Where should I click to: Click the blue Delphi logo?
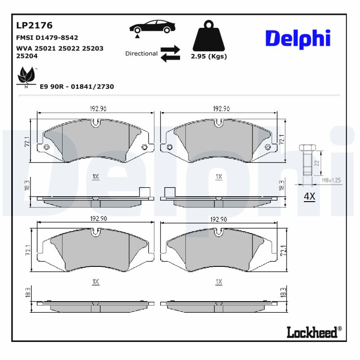point(298,39)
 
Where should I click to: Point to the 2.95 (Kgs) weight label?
point(208,57)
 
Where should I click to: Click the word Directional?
point(141,54)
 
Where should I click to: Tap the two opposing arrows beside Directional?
point(170,53)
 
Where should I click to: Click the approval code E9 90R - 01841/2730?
point(77,86)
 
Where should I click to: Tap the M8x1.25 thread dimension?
point(332,180)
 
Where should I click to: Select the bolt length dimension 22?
point(317,164)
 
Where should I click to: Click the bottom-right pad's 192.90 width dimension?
point(218,219)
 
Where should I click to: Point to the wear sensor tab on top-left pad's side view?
point(144,191)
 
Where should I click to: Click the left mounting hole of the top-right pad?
point(169,147)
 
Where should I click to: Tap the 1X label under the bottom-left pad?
point(95,282)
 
